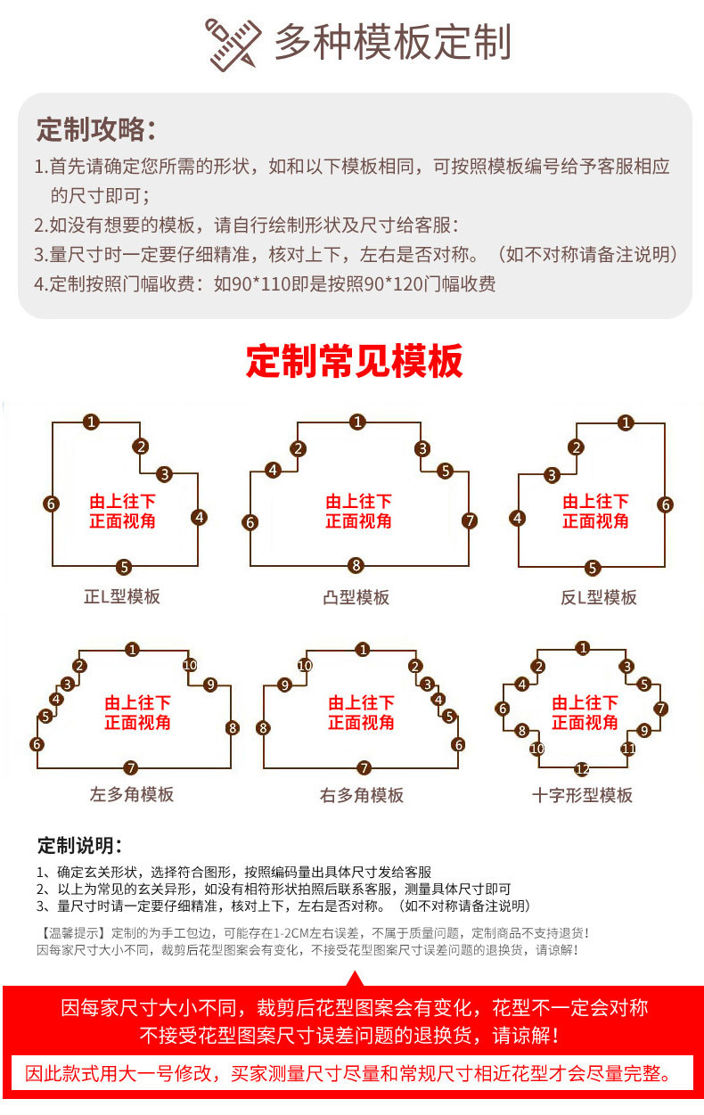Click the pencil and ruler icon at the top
point(234,44)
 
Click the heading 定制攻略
point(95,129)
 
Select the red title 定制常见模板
point(354,362)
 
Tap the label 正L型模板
point(122,596)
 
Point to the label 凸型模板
point(356,597)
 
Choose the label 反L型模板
point(598,597)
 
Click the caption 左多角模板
point(132,794)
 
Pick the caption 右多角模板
point(362,794)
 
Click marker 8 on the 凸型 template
point(356,565)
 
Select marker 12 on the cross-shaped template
point(582,768)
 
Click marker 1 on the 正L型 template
point(91,422)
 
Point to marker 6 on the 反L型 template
point(665,504)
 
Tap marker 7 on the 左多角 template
point(131,767)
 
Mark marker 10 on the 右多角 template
point(305,666)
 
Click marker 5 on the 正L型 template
point(124,566)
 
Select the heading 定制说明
point(79,845)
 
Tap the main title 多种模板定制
point(392,43)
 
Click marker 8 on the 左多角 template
point(233,727)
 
